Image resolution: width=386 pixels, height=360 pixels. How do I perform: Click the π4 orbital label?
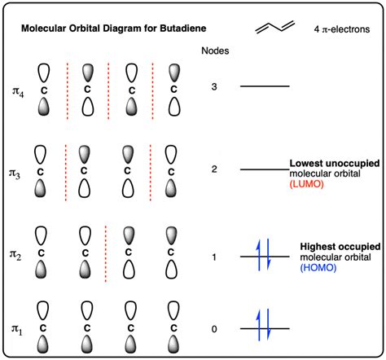pos(19,86)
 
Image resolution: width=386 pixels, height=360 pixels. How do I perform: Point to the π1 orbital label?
pos(19,327)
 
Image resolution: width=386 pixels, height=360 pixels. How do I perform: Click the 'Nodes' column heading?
pos(214,51)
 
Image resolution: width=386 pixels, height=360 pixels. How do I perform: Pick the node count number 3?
pos(213,86)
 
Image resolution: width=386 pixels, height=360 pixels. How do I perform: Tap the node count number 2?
pos(213,169)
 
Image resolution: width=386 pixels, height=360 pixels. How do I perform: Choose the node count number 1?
pos(213,257)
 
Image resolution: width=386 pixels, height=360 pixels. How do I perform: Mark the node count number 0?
pos(213,328)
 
